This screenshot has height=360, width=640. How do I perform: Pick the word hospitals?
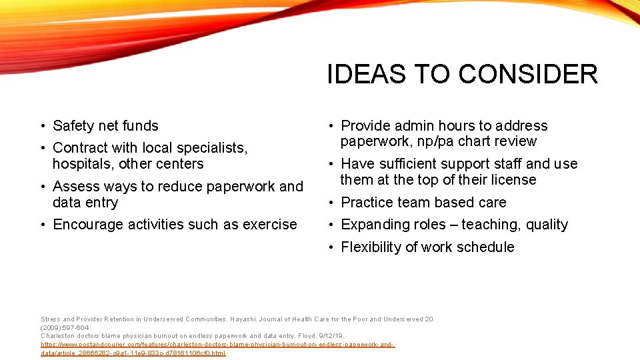pos(83,164)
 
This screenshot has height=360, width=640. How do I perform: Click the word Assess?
pos(75,187)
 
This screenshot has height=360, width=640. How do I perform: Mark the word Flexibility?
pos(371,247)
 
